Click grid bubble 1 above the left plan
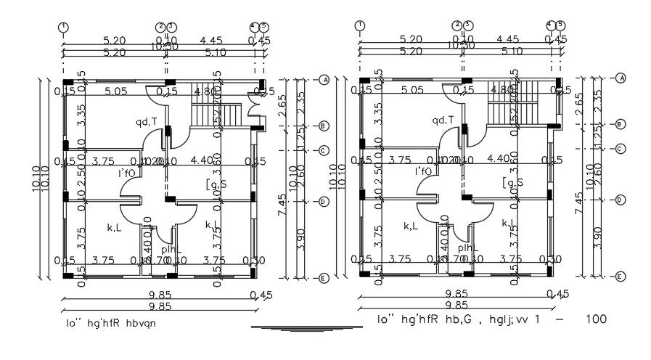[x=64, y=27]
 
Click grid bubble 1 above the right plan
[x=360, y=26]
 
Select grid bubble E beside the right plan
[x=620, y=277]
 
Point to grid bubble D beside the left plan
[x=324, y=202]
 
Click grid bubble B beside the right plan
[x=620, y=124]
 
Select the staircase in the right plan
[x=512, y=113]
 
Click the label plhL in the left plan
[x=172, y=249]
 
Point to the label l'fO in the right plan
[x=424, y=172]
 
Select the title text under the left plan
[x=110, y=324]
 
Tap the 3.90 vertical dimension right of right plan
[x=597, y=237]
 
